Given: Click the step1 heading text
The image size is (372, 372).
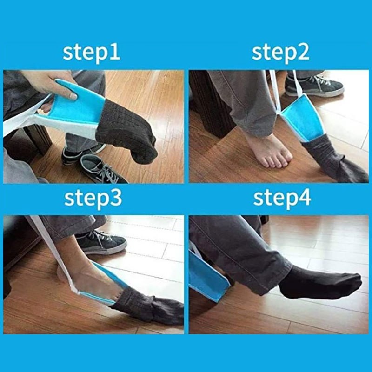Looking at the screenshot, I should click(x=91, y=53).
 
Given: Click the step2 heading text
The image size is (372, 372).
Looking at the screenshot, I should click(x=280, y=53).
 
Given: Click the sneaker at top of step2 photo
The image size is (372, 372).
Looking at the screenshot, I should click(x=316, y=86).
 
